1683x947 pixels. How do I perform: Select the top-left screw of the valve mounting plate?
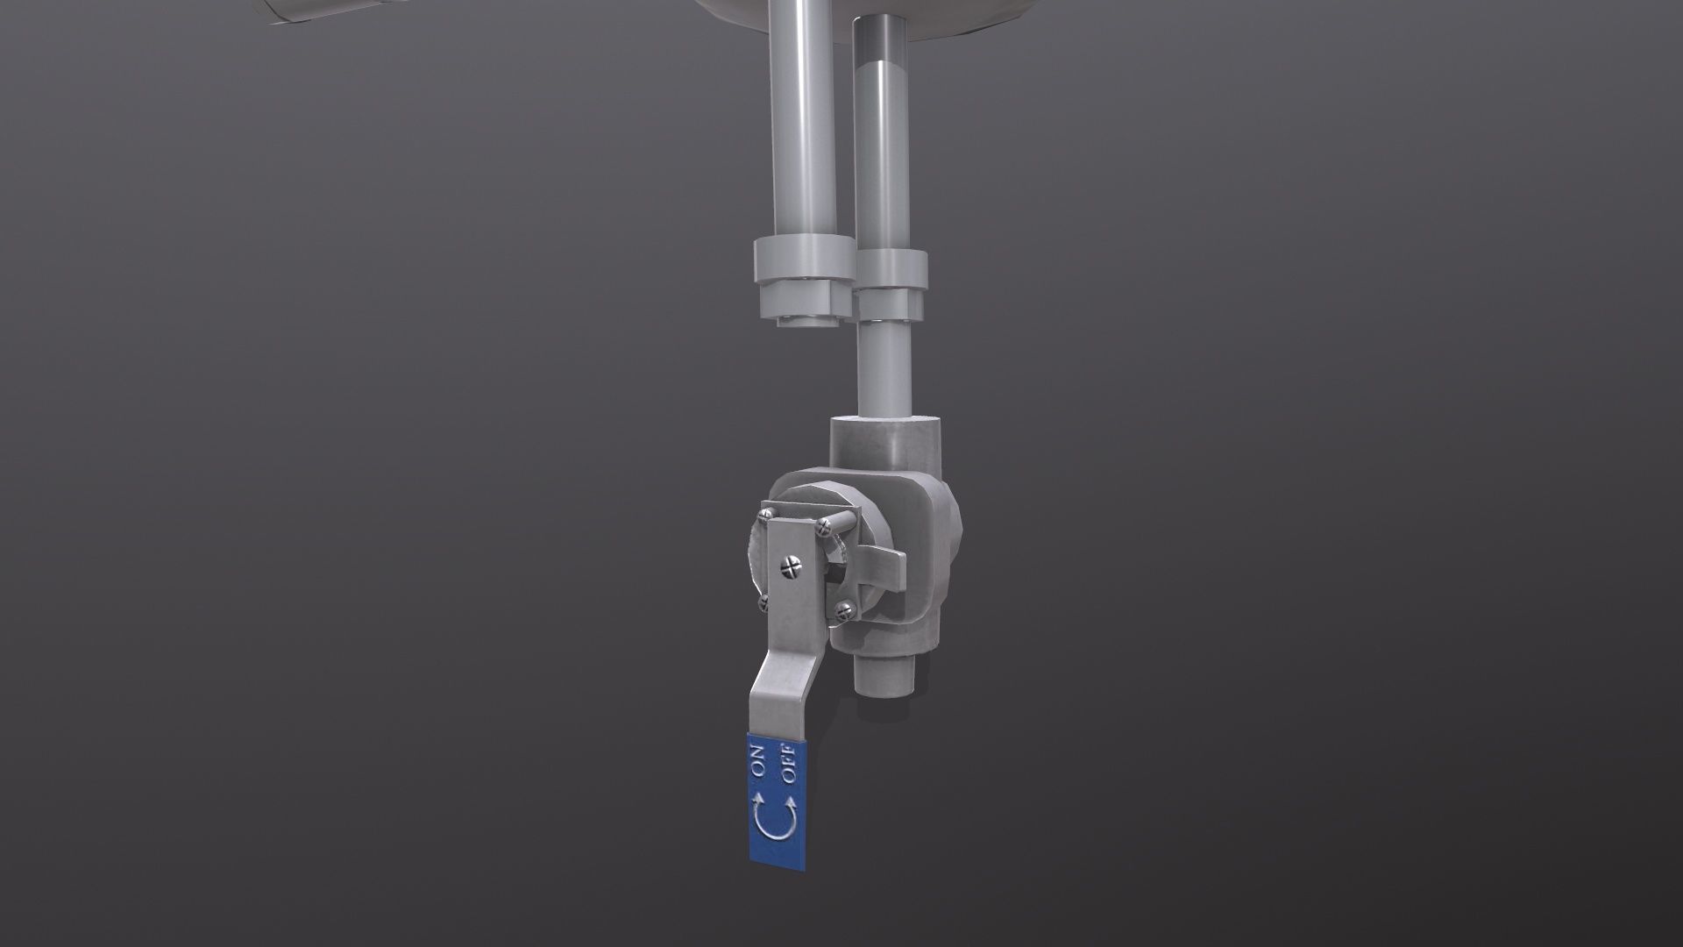click(x=768, y=513)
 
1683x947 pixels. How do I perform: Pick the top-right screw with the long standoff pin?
click(x=824, y=526)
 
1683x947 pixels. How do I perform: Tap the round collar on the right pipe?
click(x=891, y=269)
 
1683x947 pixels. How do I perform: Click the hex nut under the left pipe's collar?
click(x=801, y=301)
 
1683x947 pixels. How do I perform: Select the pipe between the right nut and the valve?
click(x=885, y=368)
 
